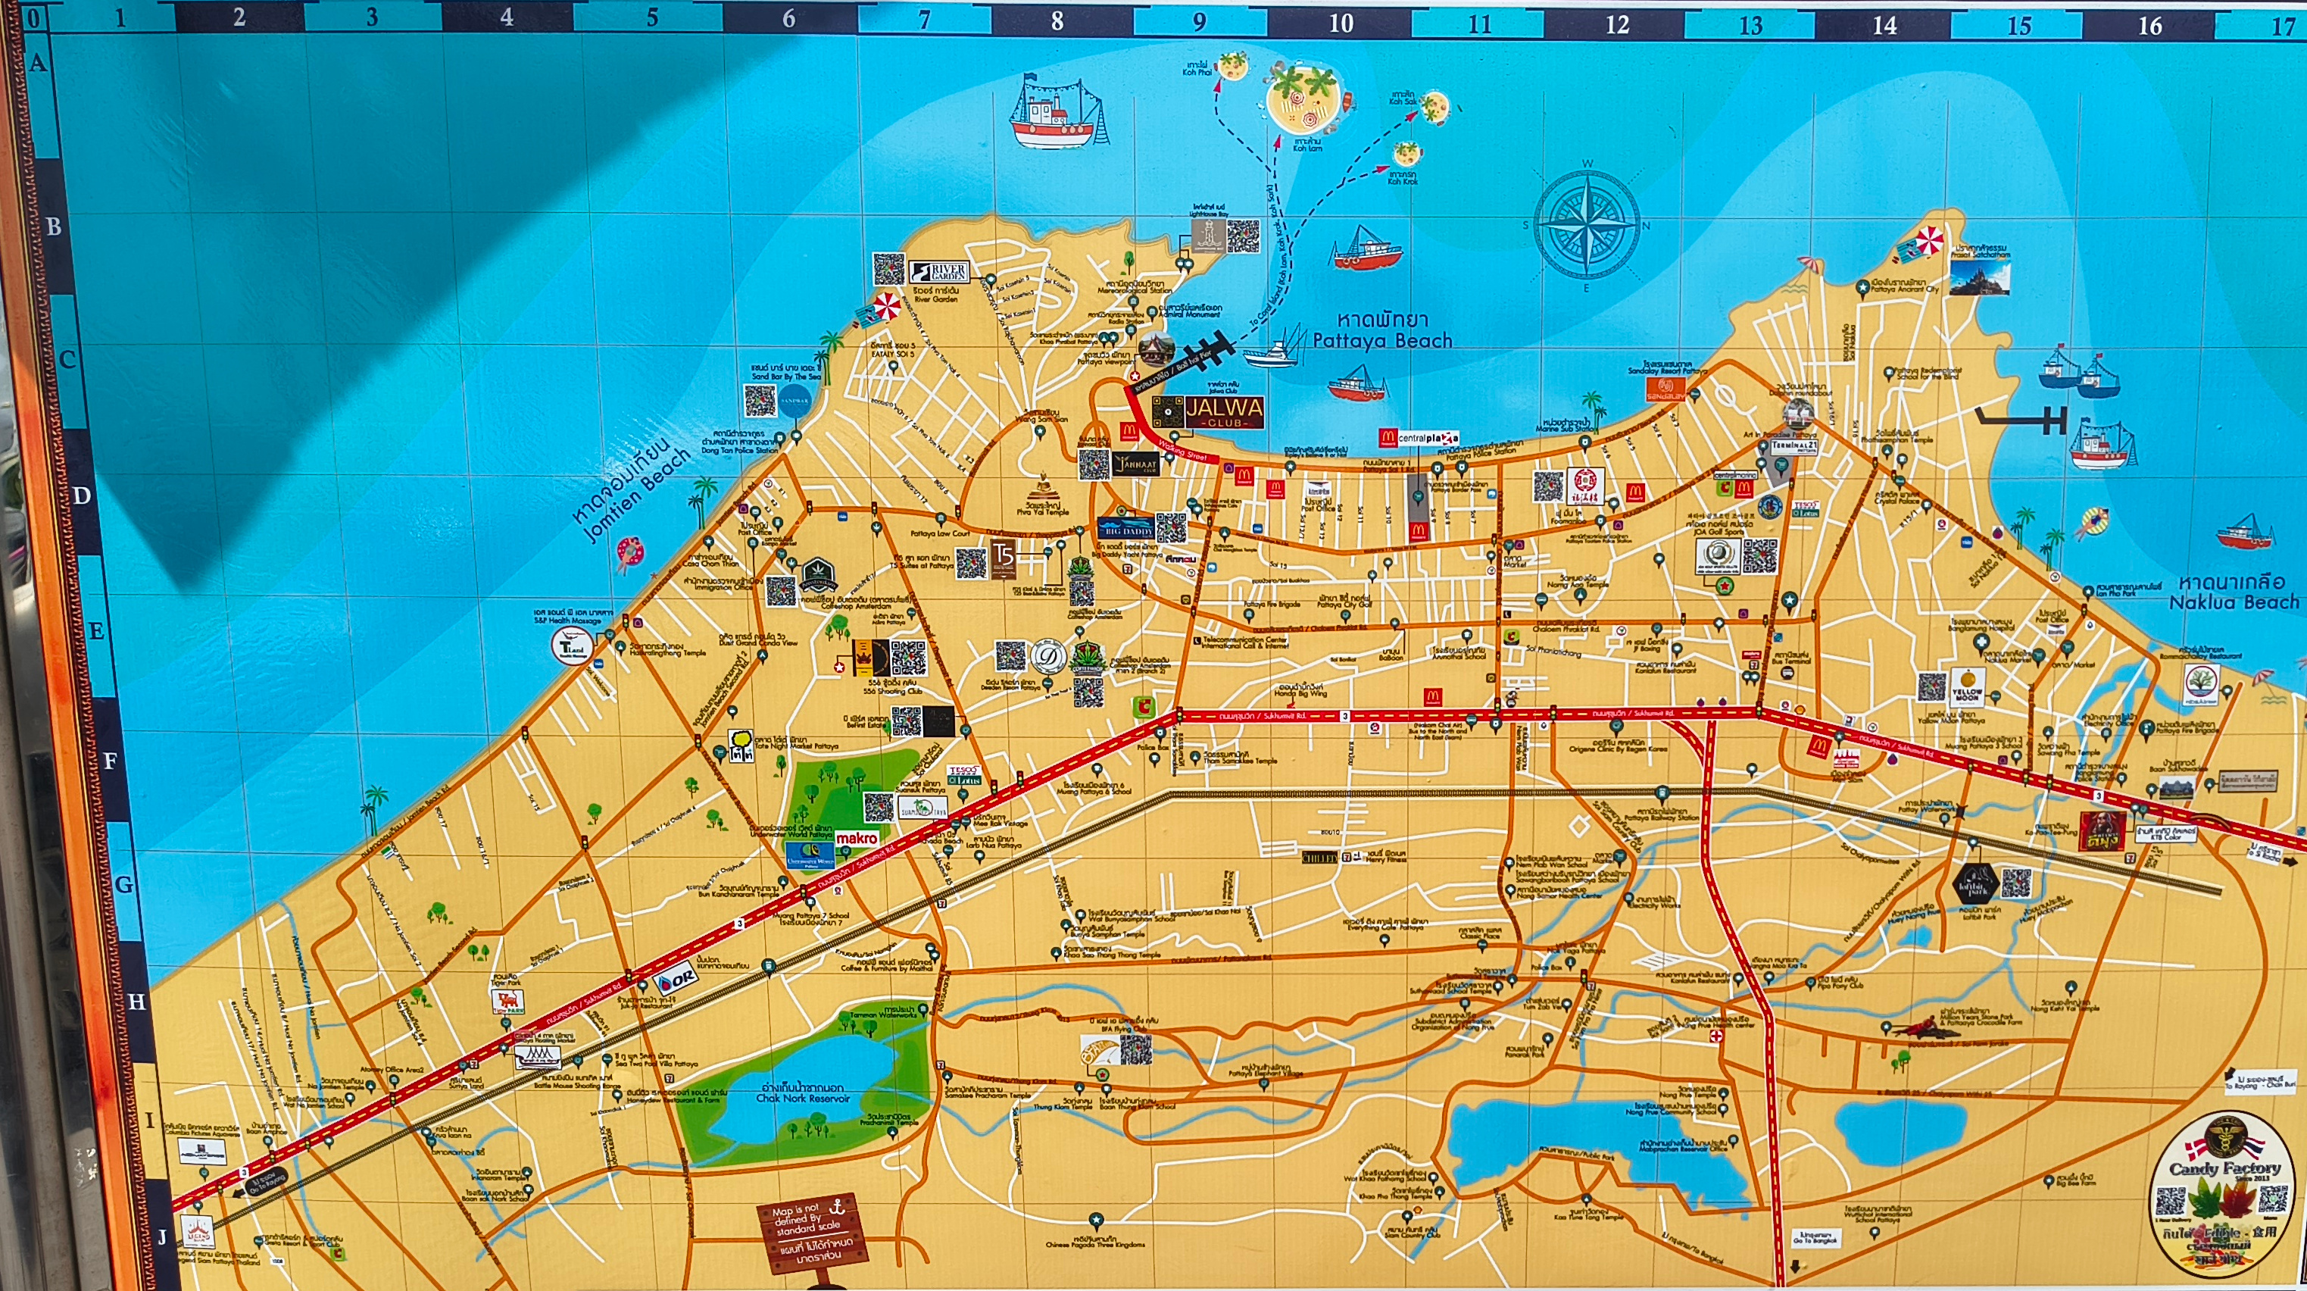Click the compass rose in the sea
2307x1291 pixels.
[1586, 224]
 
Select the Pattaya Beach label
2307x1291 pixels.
[1382, 330]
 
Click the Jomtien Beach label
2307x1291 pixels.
[634, 490]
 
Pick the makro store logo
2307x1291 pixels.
[857, 839]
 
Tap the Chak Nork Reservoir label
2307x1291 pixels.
[802, 1093]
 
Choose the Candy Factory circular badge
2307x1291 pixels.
[2224, 1193]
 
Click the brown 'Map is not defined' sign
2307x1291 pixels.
[812, 1232]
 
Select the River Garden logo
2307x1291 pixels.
[938, 272]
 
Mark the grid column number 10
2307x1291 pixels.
[1341, 23]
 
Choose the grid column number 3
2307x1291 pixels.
[373, 18]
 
